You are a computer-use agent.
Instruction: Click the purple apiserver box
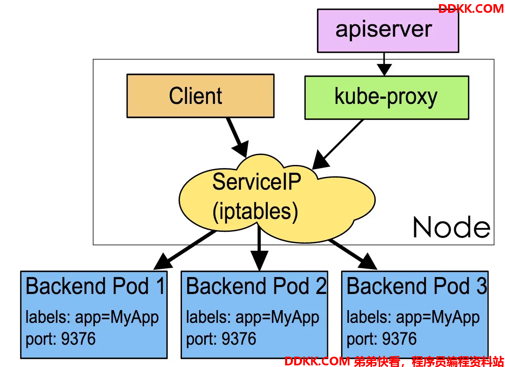pos(388,31)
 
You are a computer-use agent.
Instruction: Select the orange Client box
pos(201,96)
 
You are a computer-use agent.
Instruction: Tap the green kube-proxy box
pos(387,98)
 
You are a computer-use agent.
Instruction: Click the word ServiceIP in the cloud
pos(257,181)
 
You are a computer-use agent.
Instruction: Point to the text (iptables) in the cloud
pos(255,212)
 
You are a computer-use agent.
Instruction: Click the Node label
pos(451,227)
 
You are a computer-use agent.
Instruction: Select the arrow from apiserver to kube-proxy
pos(384,64)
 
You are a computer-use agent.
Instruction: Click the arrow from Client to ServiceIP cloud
pos(237,137)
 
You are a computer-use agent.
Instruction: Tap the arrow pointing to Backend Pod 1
pos(185,249)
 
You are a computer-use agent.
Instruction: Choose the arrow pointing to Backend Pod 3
pos(352,254)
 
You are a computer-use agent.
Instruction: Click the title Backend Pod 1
pos(95,286)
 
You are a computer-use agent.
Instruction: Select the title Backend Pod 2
pos(256,286)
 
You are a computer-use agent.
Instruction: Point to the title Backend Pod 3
pos(417,286)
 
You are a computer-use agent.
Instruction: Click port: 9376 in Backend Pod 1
pos(60,339)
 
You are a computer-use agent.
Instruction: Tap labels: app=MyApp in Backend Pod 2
pos(252,318)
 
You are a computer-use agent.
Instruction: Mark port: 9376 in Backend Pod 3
pos(382,339)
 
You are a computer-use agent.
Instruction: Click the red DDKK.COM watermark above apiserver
pos(471,9)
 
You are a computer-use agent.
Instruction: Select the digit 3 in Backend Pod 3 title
pos(481,286)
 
